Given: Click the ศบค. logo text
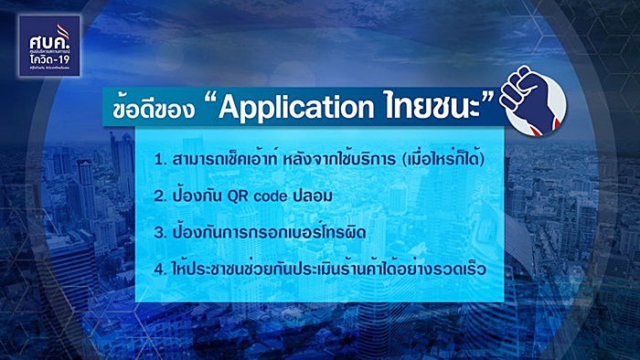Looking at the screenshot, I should pos(52,34).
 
